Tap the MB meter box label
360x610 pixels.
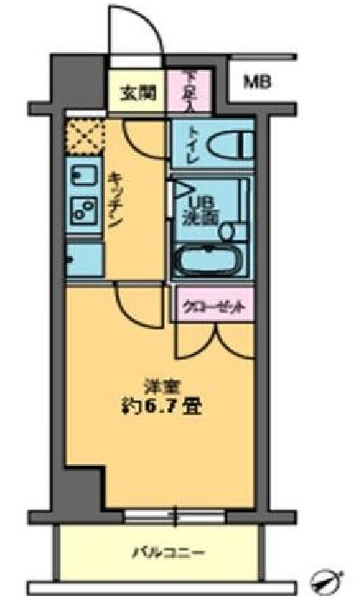[256, 83]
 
